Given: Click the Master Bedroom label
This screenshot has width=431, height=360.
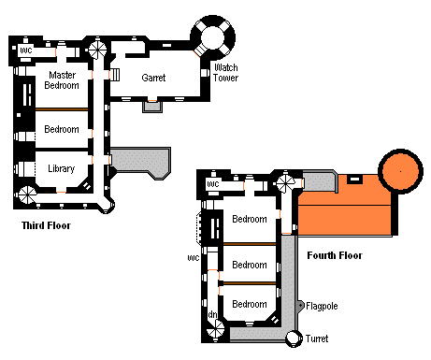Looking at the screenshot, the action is click(x=62, y=80).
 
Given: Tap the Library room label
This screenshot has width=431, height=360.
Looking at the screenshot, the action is click(x=62, y=168).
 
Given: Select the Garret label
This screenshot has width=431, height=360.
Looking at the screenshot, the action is click(x=153, y=78).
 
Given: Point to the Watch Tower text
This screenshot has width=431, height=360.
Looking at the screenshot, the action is click(x=226, y=73).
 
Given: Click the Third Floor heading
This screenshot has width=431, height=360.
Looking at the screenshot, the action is click(x=46, y=225).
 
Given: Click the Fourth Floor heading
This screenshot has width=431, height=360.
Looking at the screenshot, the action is click(x=335, y=255).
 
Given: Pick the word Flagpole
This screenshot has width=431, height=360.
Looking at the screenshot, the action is click(x=322, y=306).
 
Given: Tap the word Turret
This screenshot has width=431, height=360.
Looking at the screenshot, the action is click(x=317, y=338).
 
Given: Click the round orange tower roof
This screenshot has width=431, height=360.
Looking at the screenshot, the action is click(x=401, y=171).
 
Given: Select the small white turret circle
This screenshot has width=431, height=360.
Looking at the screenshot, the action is click(x=294, y=338).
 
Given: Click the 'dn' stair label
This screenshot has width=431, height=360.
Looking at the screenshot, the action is click(x=212, y=314).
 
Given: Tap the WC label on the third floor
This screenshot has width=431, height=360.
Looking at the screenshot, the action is click(x=26, y=50).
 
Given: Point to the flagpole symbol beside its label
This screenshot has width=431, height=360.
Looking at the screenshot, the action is click(x=300, y=306).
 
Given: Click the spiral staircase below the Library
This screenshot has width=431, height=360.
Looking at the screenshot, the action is click(x=27, y=194).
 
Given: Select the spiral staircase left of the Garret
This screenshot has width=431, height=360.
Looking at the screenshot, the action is click(x=97, y=50).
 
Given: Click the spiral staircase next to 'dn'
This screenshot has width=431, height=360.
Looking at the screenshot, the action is click(x=216, y=329).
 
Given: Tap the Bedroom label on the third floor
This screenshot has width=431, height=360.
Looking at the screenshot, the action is click(x=62, y=129).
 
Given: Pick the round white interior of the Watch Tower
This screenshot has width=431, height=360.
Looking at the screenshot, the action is click(x=213, y=37).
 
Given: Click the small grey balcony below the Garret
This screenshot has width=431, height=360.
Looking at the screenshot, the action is click(x=152, y=107).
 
